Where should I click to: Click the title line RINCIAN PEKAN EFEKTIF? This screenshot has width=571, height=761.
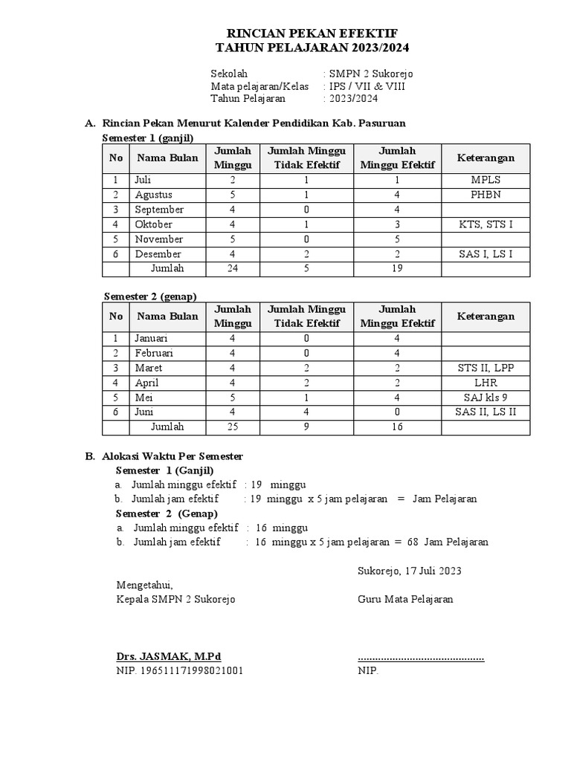pyautogui.click(x=312, y=33)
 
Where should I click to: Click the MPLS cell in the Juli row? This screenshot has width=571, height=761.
pyautogui.click(x=485, y=180)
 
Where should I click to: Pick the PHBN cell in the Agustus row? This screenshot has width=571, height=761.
pyautogui.click(x=485, y=195)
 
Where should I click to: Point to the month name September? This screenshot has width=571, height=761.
pyautogui.click(x=159, y=210)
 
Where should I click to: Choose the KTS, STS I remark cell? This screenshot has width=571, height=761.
pyautogui.click(x=485, y=224)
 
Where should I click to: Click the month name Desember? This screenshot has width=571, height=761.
pyautogui.click(x=158, y=254)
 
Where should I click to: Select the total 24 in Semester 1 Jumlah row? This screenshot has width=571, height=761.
pyautogui.click(x=233, y=268)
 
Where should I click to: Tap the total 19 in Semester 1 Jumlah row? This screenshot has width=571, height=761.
pyautogui.click(x=397, y=268)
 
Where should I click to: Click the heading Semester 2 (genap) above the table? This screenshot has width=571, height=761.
pyautogui.click(x=149, y=296)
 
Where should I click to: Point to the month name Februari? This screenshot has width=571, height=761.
pyautogui.click(x=155, y=353)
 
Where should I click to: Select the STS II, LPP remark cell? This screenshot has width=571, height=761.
pyautogui.click(x=485, y=368)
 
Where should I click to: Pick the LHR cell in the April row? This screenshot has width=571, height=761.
pyautogui.click(x=485, y=383)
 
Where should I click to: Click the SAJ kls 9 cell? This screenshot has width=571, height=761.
pyautogui.click(x=485, y=398)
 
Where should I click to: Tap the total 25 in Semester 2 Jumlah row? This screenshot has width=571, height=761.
pyautogui.click(x=233, y=427)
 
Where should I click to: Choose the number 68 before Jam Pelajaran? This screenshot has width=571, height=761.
pyautogui.click(x=413, y=542)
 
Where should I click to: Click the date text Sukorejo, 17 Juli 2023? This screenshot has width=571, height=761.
pyautogui.click(x=409, y=571)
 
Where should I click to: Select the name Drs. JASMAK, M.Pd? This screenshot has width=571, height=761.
pyautogui.click(x=169, y=656)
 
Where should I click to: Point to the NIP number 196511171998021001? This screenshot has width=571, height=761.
pyautogui.click(x=179, y=671)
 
